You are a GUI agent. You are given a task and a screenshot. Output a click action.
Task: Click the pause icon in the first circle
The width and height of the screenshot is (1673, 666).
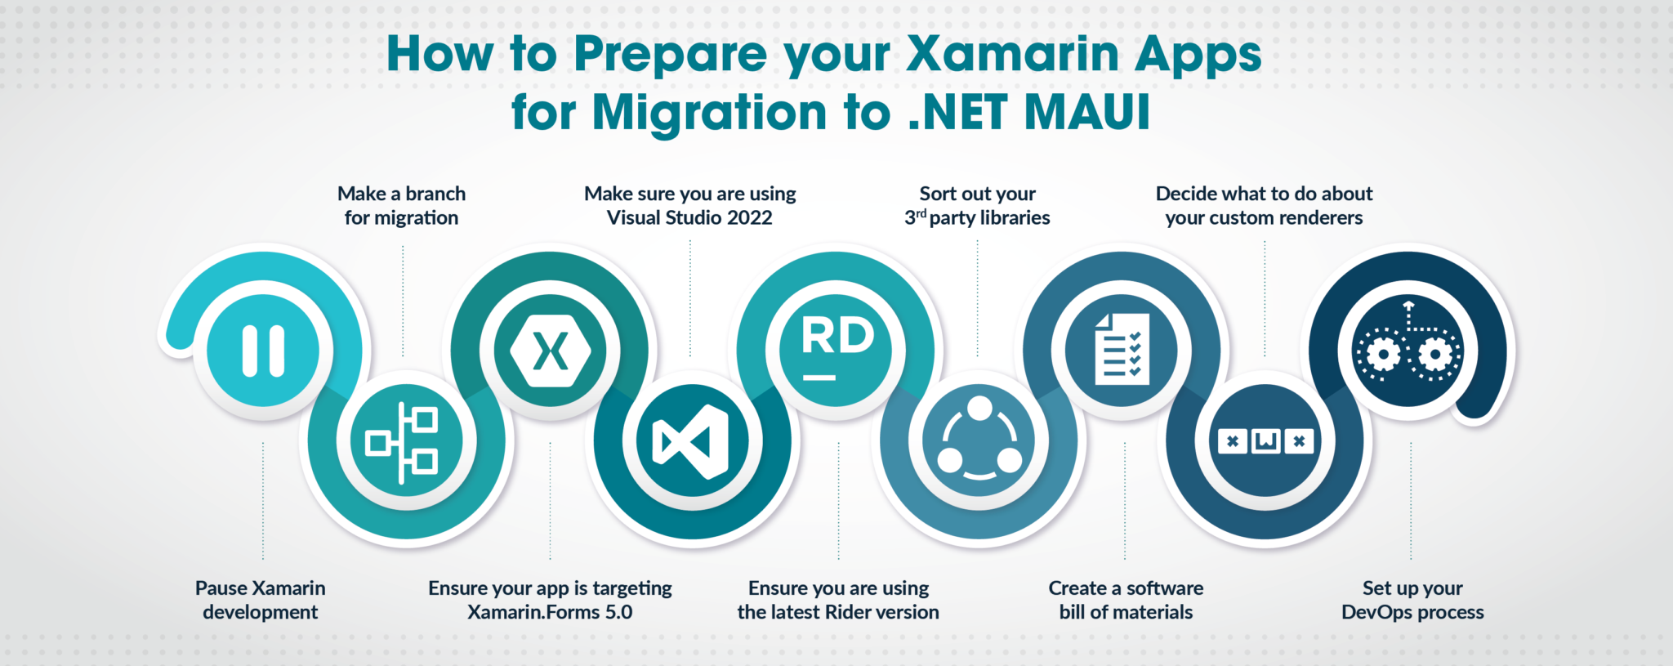point(263,351)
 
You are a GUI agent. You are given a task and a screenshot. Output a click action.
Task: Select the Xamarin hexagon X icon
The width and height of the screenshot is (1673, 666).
point(550,351)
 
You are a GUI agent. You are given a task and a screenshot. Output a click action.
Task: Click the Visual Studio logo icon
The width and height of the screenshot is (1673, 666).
point(691,442)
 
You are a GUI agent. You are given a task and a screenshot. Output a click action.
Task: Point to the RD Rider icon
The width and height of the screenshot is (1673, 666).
point(836,348)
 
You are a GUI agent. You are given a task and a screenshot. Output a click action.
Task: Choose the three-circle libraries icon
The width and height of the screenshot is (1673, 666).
point(979,441)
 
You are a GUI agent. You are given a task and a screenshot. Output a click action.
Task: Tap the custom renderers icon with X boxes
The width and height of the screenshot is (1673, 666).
point(1265,441)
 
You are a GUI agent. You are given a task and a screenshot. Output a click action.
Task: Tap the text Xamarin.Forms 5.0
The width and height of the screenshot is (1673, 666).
point(550,612)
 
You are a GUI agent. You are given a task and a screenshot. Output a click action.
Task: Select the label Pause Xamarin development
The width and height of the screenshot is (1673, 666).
point(261,600)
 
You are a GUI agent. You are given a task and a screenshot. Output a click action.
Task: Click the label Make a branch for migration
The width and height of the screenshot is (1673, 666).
point(401,206)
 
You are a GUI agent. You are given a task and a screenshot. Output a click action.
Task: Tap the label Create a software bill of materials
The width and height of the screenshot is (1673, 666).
point(1126,600)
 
